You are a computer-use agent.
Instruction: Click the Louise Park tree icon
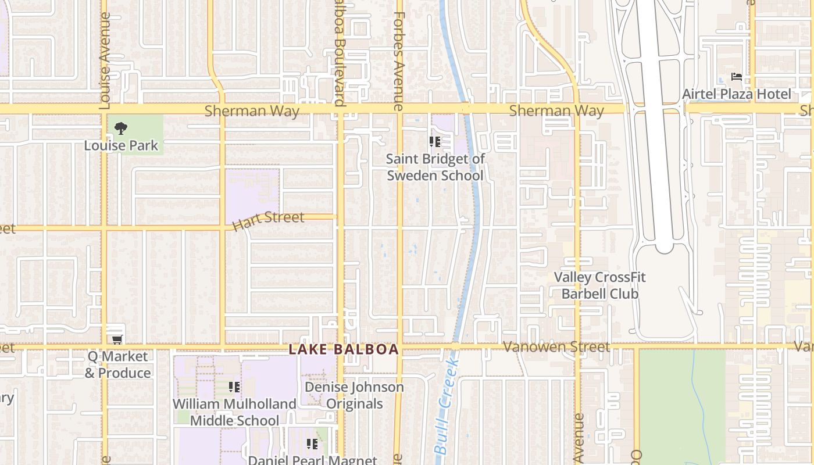(121, 128)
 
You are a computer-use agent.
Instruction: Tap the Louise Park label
(121, 145)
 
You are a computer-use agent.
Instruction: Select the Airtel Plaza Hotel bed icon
(737, 77)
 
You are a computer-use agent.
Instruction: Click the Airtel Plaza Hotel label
(737, 94)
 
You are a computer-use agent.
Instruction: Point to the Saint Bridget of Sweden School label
(435, 167)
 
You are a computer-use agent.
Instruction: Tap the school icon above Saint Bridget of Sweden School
(434, 141)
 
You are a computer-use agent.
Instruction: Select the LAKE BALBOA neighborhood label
(344, 349)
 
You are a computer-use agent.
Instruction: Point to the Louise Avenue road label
(105, 61)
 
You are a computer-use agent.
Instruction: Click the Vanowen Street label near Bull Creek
(556, 347)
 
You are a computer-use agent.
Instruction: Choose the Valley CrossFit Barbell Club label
(599, 285)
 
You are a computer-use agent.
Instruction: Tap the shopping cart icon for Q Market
(117, 339)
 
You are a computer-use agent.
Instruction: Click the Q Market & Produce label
(118, 364)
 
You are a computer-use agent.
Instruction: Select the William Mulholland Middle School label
(234, 412)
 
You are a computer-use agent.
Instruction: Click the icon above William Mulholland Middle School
(234, 387)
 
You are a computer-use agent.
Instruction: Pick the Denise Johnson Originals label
(354, 395)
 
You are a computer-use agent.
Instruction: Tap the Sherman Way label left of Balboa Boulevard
(252, 111)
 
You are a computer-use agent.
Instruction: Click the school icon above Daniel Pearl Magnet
(312, 444)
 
